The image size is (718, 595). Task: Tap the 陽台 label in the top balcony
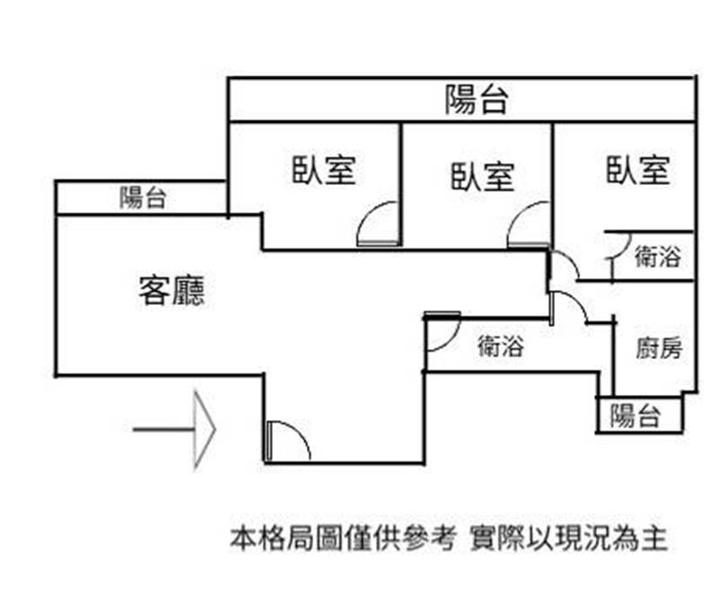tap(477, 101)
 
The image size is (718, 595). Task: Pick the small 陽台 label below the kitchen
tap(635, 416)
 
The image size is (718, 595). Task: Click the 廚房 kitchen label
tap(659, 348)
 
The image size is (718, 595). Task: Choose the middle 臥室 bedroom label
tap(482, 175)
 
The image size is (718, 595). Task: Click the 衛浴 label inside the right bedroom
tap(657, 257)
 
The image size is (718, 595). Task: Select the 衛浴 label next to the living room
tap(500, 346)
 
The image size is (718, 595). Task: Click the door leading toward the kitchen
tap(568, 308)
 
